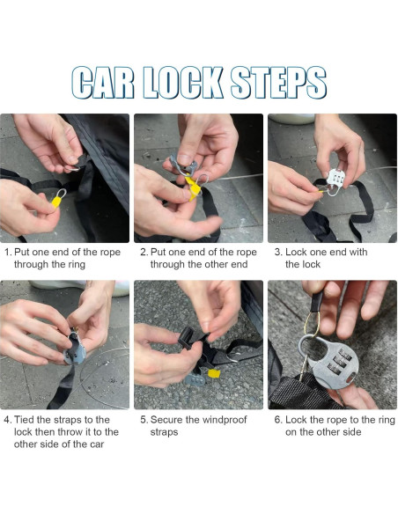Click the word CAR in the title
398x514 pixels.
point(103,83)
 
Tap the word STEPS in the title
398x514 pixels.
point(278,83)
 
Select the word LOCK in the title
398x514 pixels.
point(183,83)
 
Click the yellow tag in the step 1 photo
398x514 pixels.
point(56,202)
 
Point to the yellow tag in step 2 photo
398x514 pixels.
point(193,188)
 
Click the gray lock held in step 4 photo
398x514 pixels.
point(75,349)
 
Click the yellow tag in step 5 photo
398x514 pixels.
point(214,373)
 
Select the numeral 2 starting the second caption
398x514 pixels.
point(144,253)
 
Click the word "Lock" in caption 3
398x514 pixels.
point(296,252)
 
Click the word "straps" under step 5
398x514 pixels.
point(164,432)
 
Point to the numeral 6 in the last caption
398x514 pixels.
point(277,420)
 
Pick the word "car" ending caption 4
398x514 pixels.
point(97,444)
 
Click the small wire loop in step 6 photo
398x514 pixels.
point(312,323)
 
